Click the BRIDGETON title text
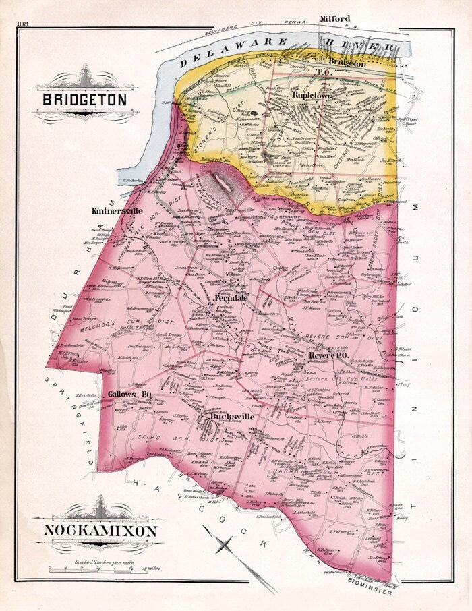(84, 99)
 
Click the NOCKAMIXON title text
(100, 531)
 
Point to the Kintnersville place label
(117, 210)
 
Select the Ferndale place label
(231, 297)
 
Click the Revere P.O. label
(328, 355)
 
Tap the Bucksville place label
(233, 417)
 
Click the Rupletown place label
(313, 96)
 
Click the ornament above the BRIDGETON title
(86, 78)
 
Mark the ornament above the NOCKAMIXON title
(99, 508)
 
